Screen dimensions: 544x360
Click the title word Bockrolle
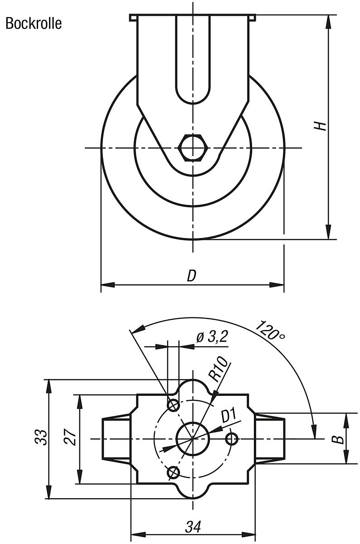[x=34, y=24]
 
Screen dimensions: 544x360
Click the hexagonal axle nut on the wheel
[x=193, y=148]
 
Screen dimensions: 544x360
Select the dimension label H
[x=321, y=126]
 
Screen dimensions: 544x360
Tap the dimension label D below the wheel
[x=192, y=276]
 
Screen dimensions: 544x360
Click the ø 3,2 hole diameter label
[x=211, y=337]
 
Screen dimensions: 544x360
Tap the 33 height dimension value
[x=41, y=438]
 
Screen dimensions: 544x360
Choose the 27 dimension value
[x=70, y=438]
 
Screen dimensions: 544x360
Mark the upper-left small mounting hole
[x=173, y=404]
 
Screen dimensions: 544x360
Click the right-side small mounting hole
[x=232, y=438]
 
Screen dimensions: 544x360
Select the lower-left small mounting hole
[x=173, y=472]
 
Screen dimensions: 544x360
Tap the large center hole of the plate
[x=193, y=438]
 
